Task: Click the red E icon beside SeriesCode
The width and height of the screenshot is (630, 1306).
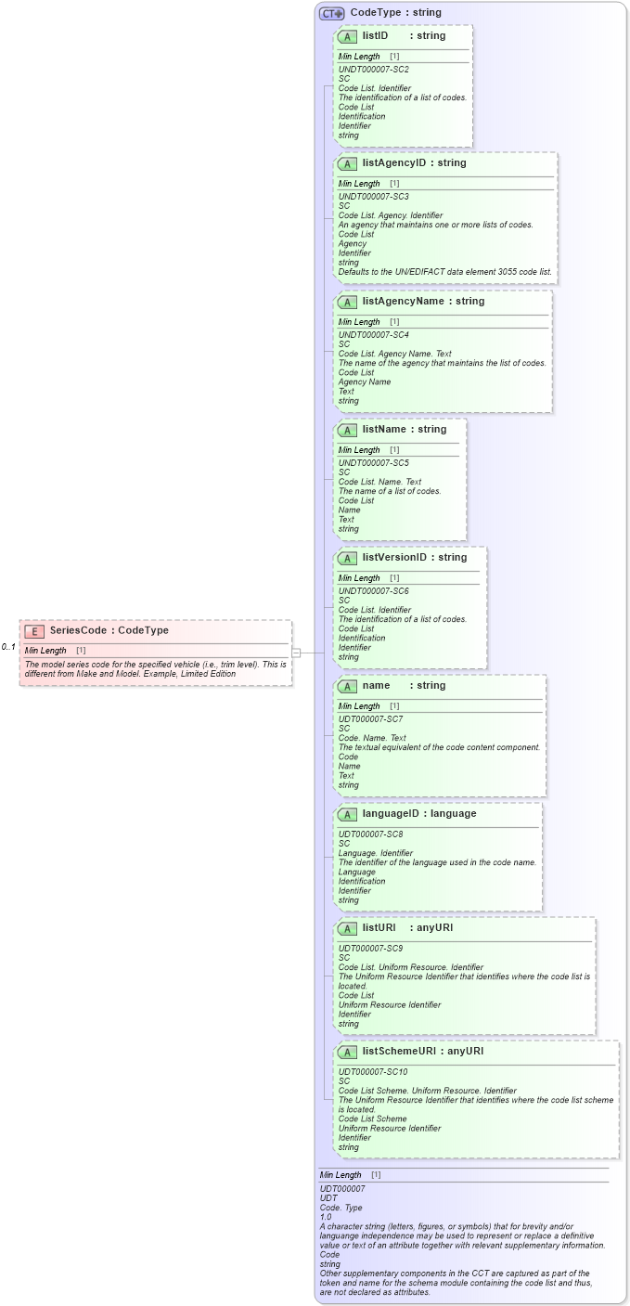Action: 35,630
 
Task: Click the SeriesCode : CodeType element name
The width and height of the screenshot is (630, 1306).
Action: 109,630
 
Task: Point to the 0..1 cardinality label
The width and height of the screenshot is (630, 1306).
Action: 8,646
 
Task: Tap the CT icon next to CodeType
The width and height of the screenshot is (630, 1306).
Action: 331,13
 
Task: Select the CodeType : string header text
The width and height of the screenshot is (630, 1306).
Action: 395,13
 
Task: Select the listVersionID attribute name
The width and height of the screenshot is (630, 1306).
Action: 396,558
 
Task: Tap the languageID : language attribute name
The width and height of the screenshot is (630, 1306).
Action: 419,814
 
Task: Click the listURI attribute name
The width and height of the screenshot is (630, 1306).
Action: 379,928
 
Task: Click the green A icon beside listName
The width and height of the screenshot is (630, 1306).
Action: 347,430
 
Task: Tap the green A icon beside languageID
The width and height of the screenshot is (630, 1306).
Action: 347,814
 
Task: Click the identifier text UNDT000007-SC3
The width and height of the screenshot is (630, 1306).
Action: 373,197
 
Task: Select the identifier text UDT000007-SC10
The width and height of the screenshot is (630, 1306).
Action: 373,1072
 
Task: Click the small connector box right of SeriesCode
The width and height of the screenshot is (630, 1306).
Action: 296,653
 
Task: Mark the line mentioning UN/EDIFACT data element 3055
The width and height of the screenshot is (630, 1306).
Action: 444,272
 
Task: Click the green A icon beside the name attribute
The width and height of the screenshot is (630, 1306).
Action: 347,686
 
